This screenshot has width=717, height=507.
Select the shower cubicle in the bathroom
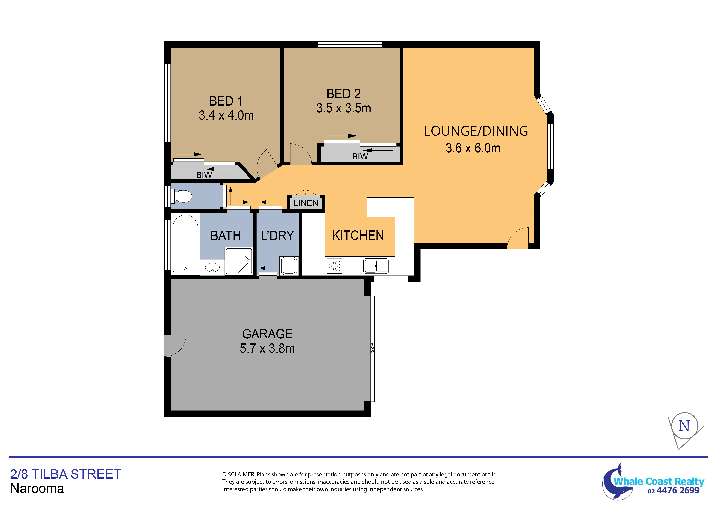[239, 261]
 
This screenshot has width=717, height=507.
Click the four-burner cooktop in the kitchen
[334, 266]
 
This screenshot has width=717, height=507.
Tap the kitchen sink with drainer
[376, 266]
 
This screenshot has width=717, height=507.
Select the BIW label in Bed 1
[204, 175]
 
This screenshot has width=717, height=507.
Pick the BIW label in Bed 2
[360, 156]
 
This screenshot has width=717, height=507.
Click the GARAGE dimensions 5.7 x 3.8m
[267, 348]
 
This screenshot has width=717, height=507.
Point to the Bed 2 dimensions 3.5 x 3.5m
[343, 108]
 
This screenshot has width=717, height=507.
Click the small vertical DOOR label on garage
[373, 348]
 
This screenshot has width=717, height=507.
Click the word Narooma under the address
[37, 488]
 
